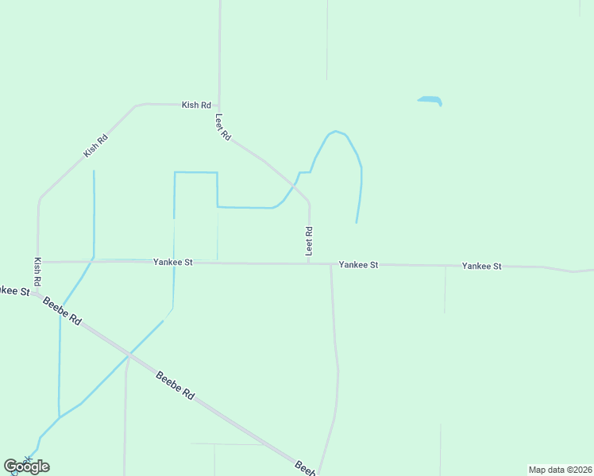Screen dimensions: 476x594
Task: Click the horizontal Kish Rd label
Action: [x=196, y=105]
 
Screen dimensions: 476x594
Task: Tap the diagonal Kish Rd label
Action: [x=95, y=145]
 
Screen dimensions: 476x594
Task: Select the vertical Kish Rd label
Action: [x=37, y=271]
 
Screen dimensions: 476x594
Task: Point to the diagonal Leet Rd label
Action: [x=223, y=127]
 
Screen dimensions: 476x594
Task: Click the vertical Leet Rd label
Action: [x=309, y=241]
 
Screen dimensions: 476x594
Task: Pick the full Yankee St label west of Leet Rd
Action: [x=173, y=261]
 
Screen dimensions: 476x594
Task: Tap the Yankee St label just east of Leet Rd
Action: [x=358, y=264]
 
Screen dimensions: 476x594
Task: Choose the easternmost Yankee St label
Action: [x=481, y=266]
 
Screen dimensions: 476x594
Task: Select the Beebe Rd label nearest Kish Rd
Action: [x=62, y=310]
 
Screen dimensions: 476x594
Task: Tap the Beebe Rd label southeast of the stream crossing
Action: [x=175, y=384]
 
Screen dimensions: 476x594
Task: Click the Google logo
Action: [x=26, y=466]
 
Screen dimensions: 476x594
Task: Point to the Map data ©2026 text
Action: [x=560, y=470]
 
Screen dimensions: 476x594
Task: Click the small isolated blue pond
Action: [x=430, y=101]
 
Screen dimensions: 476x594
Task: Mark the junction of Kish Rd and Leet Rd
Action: [x=218, y=105]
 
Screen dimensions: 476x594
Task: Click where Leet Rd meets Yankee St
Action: [x=309, y=263]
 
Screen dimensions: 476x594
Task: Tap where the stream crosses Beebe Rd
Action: [x=128, y=355]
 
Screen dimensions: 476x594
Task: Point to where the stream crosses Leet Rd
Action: [x=294, y=185]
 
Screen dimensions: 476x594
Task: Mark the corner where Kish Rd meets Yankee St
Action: [x=37, y=262]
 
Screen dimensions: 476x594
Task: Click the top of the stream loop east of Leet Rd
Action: [x=337, y=132]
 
